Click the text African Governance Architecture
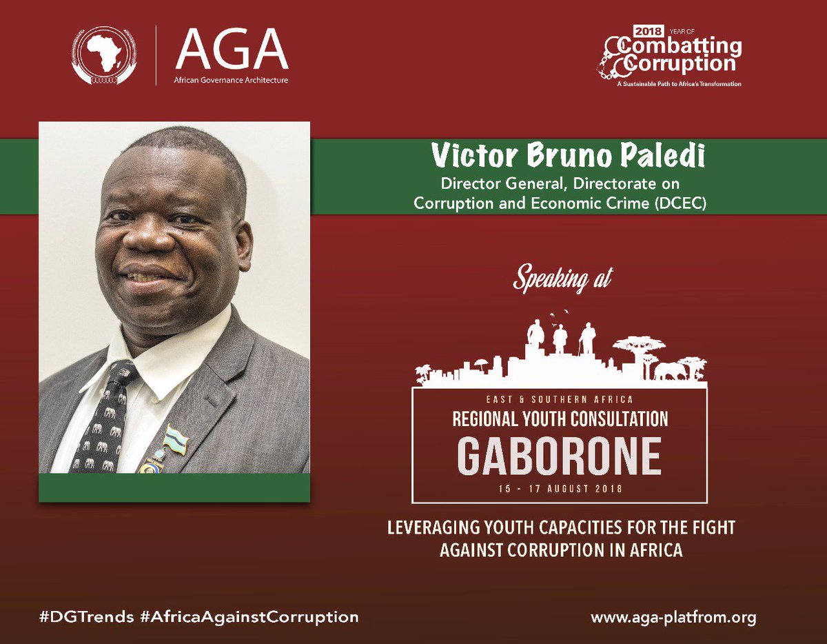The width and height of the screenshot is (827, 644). [x=232, y=81]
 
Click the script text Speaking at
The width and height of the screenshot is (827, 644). [x=561, y=280]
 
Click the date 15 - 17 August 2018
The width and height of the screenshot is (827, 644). [x=560, y=489]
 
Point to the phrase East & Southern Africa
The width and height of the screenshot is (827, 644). [x=560, y=399]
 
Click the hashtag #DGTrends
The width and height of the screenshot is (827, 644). [x=87, y=616]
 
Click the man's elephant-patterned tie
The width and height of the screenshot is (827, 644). [x=108, y=421]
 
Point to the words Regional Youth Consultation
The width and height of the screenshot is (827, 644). [x=560, y=419]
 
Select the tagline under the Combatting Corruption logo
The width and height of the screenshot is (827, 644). [x=672, y=83]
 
